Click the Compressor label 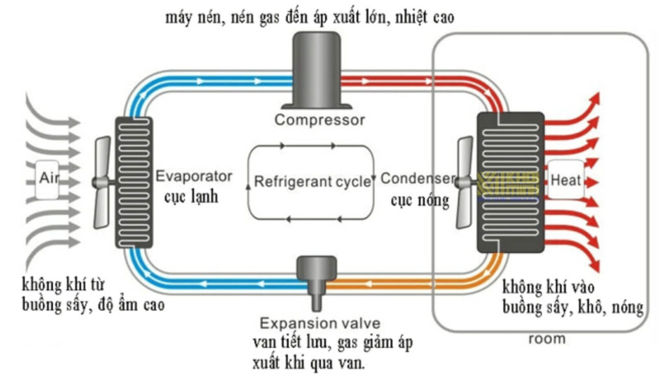320,119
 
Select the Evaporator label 194,176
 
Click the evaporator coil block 134,182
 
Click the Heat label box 566,179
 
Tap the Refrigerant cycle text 312,181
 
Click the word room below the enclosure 547,339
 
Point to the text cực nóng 420,200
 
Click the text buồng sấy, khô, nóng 572,305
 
